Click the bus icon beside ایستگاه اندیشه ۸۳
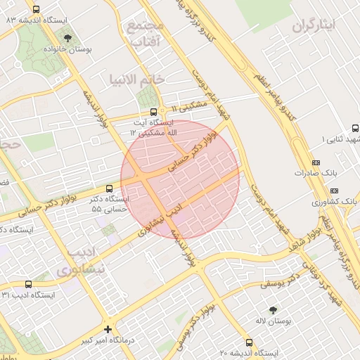coord(37,9)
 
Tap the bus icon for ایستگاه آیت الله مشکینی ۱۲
coord(154,112)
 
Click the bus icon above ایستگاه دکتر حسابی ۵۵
coord(108,188)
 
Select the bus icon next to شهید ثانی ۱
coord(355,129)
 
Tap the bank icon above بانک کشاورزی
coord(334,191)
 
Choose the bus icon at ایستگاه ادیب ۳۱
coord(28,284)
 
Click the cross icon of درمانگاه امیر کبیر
coord(108,328)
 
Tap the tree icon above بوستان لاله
coord(273,309)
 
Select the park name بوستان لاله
coord(273,321)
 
